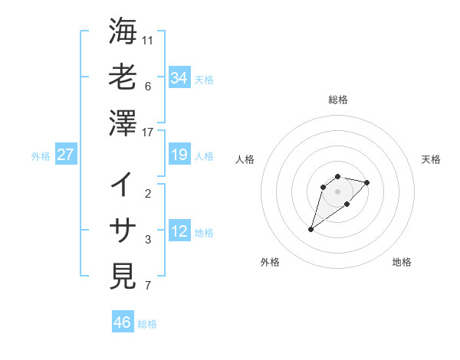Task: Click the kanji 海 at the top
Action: (x=123, y=31)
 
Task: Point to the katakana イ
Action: (x=123, y=184)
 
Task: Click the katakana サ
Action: (x=123, y=230)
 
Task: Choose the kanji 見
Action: (x=123, y=276)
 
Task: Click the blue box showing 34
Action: (x=179, y=78)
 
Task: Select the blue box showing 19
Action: (x=179, y=155)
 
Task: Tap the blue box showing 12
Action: (x=179, y=232)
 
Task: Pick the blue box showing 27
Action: (x=65, y=155)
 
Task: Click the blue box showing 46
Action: (x=122, y=322)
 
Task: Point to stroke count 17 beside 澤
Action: (x=148, y=133)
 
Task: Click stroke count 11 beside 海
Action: (x=148, y=40)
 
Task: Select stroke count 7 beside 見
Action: (x=148, y=286)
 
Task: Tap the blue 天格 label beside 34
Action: (x=204, y=80)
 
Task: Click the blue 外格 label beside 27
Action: (x=41, y=156)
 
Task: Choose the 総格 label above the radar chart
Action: (x=337, y=100)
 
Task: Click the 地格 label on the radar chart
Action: (x=402, y=263)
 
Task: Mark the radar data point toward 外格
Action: (x=311, y=228)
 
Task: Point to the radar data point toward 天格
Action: (x=367, y=182)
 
